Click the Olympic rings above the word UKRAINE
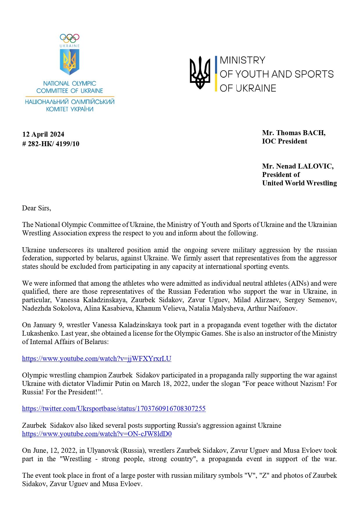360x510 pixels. pos(70,38)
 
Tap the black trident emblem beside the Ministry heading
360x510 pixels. pos(200,73)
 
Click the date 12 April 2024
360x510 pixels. pos(43,134)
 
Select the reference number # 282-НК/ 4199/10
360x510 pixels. pos(51,144)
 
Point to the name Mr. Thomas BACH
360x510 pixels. pos(294,133)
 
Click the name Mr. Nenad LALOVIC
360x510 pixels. pos(298,166)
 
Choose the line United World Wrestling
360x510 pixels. pos(299,183)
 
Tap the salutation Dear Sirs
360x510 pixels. pos(36,208)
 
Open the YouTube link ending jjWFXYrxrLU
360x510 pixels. pos(97,359)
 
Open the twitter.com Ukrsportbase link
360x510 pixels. pos(114,409)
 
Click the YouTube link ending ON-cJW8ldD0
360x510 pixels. pos(97,434)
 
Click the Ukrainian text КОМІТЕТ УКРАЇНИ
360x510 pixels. pos(70,109)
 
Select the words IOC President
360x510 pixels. pos(285,141)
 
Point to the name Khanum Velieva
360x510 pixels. pos(161,308)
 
